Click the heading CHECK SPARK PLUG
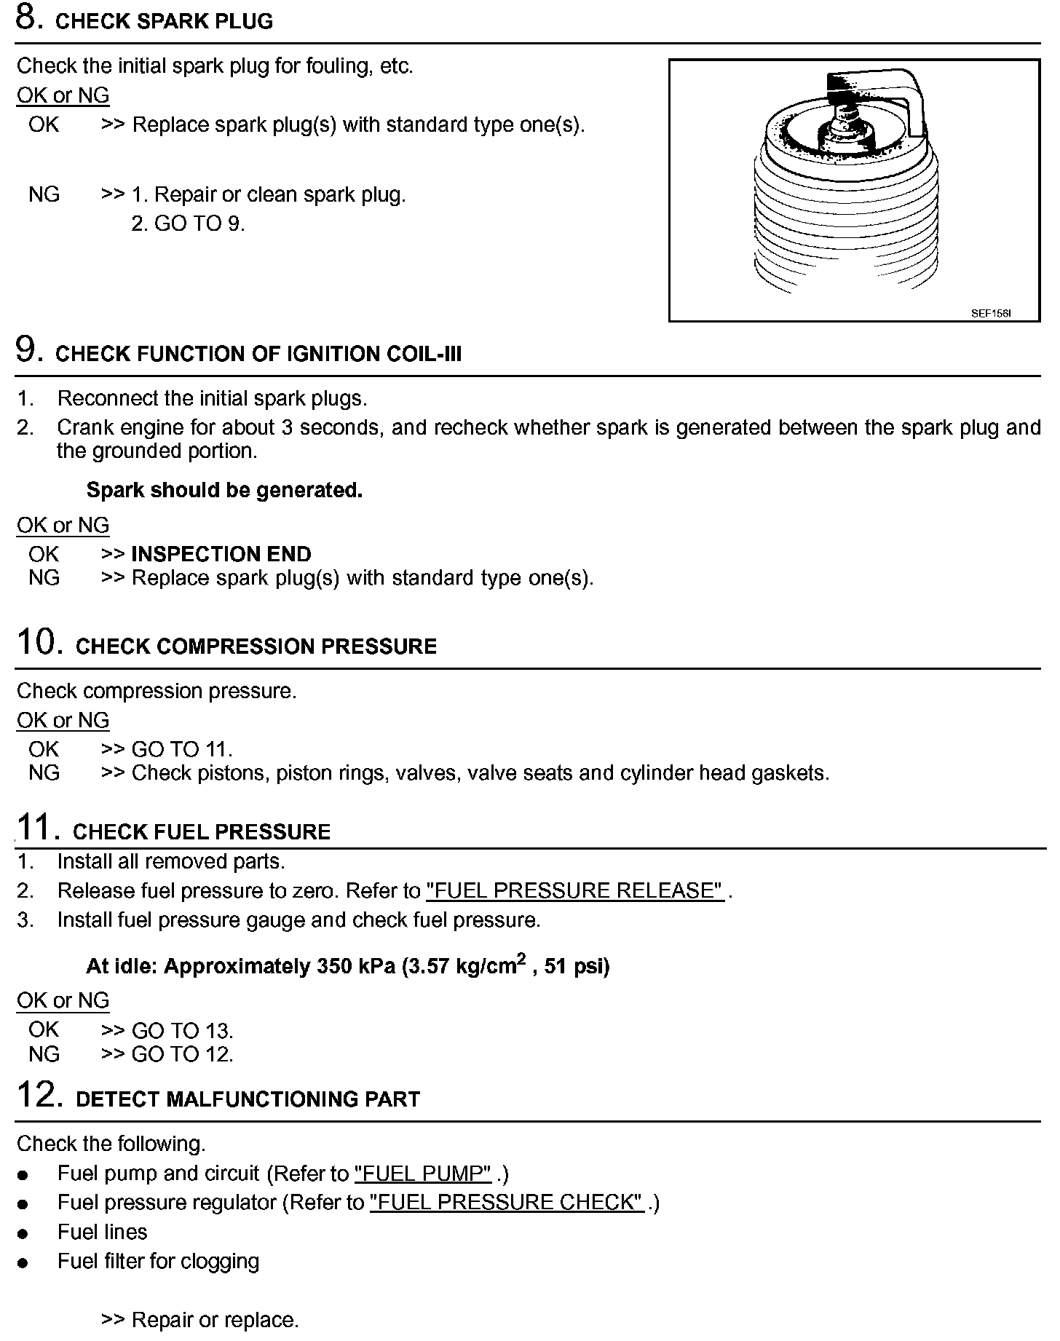[164, 21]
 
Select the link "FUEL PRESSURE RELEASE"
[574, 890]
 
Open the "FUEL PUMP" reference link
[423, 1173]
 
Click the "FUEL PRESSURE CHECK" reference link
[507, 1202]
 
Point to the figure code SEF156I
[991, 314]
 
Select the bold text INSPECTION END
[221, 554]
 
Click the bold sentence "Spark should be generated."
[224, 490]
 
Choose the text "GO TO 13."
[182, 1030]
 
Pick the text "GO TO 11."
[182, 749]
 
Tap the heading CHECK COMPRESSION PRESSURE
[256, 646]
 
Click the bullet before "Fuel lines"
[24, 1233]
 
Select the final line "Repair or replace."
[215, 1320]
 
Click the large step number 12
[36, 1095]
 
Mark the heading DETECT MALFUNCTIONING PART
[248, 1099]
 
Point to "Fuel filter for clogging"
[158, 1261]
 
